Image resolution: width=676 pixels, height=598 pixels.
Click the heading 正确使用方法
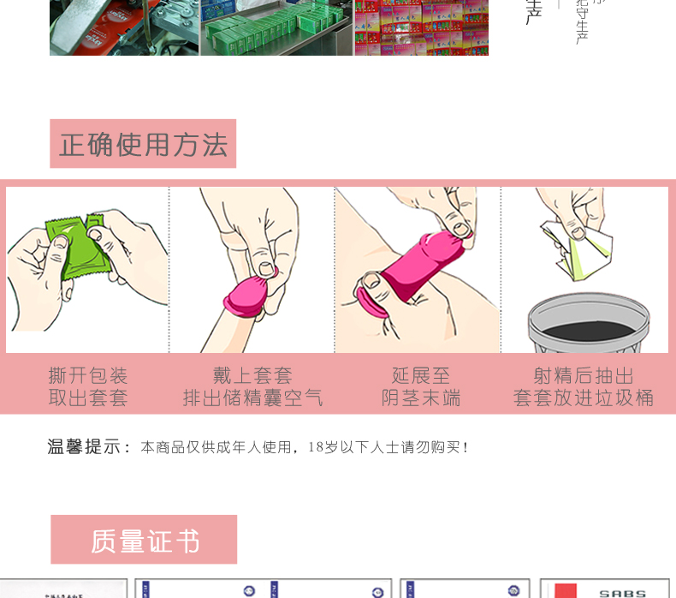pos(143,144)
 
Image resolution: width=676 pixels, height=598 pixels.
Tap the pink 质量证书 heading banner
pos(144,540)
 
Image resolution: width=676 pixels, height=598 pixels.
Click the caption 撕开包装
pos(87,375)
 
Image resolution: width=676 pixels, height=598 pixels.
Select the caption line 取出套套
pos(87,398)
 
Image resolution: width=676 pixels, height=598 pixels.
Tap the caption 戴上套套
pos(252,375)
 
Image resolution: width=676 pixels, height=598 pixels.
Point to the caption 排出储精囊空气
pos(252,398)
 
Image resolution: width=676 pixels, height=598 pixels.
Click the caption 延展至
pos(420,375)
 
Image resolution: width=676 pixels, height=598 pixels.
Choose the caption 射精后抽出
pos(584,375)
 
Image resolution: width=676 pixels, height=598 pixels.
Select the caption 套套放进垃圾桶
pos(584,398)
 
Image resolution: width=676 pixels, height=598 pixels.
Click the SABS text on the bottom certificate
pos(622,592)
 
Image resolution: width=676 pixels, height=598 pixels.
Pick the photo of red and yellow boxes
pos(421,27)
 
